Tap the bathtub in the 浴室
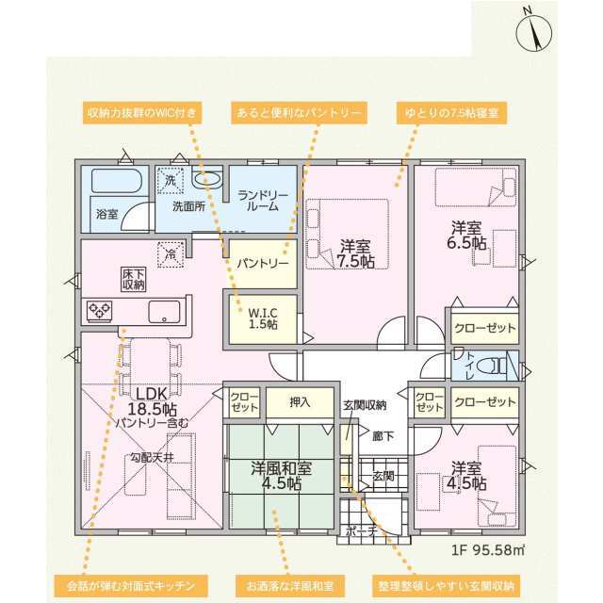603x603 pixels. pos(117,181)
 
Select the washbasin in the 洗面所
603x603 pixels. pos(206,180)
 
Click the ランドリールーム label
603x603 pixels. pos(263,201)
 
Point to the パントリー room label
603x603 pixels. pos(263,264)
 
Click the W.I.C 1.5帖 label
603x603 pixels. pos(263,318)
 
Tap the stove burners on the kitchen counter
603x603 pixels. pos(100,311)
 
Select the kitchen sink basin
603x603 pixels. pos(164,312)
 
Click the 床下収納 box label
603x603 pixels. pos(134,279)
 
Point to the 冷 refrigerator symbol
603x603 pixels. pos(171,254)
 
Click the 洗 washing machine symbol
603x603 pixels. pos(171,180)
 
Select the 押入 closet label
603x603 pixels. pos(300,402)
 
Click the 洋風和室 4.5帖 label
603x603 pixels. pos(282,476)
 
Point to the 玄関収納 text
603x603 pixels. pos(365,405)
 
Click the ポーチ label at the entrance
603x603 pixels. pos(361,531)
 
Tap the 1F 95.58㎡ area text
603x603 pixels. pos(488,550)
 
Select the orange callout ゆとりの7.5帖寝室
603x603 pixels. pos(452,113)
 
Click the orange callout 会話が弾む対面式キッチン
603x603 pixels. pos(131,586)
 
